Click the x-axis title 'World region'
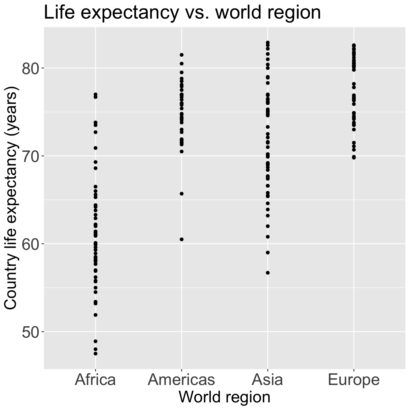point(225,397)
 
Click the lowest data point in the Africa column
point(95,354)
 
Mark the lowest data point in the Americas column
point(182,239)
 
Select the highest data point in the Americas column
point(182,55)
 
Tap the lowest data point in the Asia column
point(268,273)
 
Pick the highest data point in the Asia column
point(268,43)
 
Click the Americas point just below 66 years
point(182,194)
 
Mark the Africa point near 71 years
point(95,148)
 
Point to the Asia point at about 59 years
point(268,253)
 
